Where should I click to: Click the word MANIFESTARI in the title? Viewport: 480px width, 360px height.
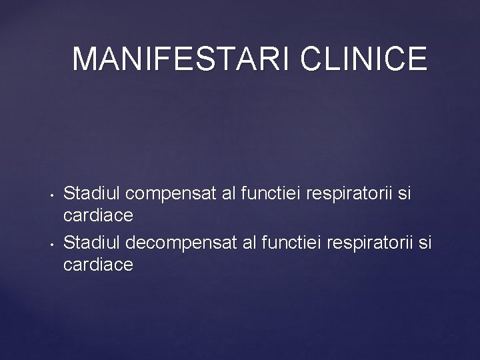click(x=181, y=59)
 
